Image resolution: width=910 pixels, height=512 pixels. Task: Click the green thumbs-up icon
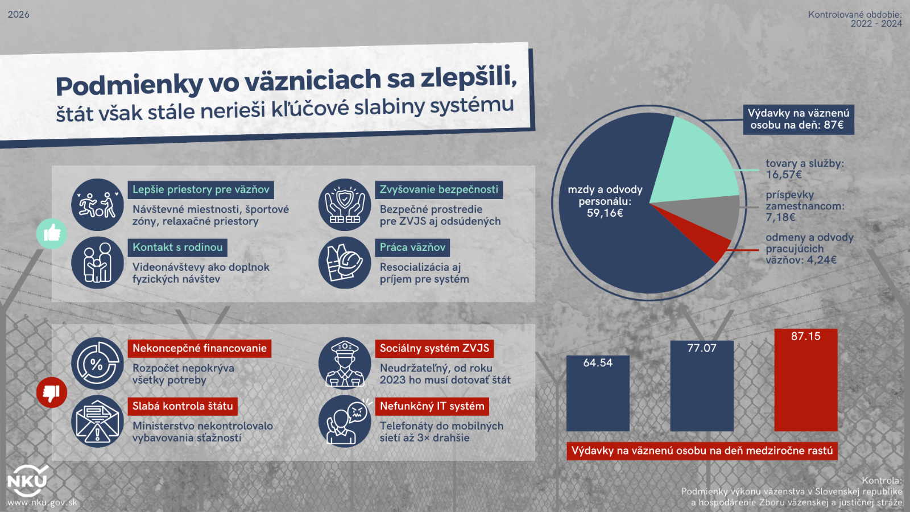[x=52, y=233]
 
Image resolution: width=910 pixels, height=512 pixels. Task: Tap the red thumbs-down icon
[x=52, y=393]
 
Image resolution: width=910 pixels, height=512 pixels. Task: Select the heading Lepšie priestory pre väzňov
[x=201, y=189]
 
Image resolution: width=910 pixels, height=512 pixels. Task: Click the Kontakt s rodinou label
[x=177, y=247]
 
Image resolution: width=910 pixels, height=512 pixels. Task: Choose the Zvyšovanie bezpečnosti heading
[x=439, y=189]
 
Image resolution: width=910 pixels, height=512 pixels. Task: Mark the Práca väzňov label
[x=412, y=247]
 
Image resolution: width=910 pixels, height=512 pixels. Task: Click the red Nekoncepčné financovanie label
[x=199, y=348]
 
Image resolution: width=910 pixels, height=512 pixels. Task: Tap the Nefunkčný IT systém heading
[x=432, y=406]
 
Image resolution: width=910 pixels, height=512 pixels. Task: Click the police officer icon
[x=345, y=364]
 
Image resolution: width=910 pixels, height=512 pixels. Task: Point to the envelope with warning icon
[x=97, y=422]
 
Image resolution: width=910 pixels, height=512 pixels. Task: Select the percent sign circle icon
[x=97, y=364]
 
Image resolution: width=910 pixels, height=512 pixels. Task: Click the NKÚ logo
[x=27, y=482]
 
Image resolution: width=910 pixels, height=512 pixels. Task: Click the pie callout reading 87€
[x=798, y=119]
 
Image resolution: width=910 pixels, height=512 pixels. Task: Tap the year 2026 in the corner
[x=18, y=14]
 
